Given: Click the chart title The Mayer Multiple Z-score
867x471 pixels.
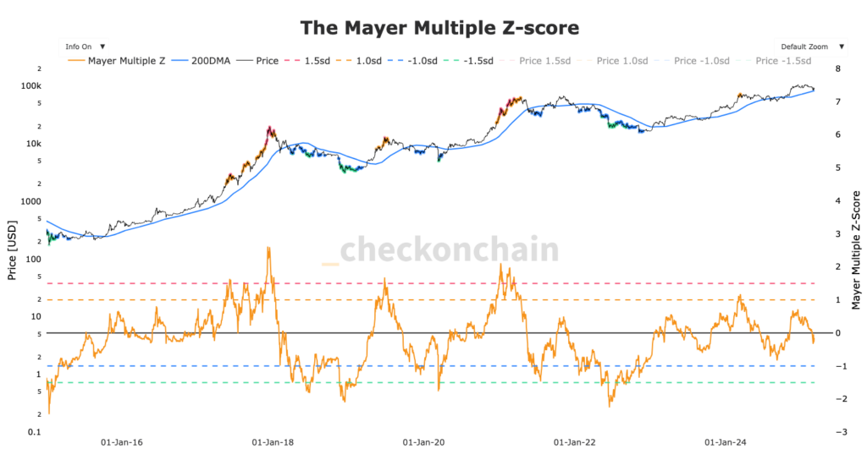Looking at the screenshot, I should coord(439,28).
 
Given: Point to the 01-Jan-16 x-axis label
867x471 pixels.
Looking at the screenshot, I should coord(121,442).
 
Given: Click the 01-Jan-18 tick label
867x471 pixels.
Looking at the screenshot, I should coord(273,442).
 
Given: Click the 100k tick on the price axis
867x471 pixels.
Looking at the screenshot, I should coord(31,86).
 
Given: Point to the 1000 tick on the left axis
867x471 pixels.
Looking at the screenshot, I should coord(30,201).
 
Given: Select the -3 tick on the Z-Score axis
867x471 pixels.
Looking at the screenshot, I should coord(838,432).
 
